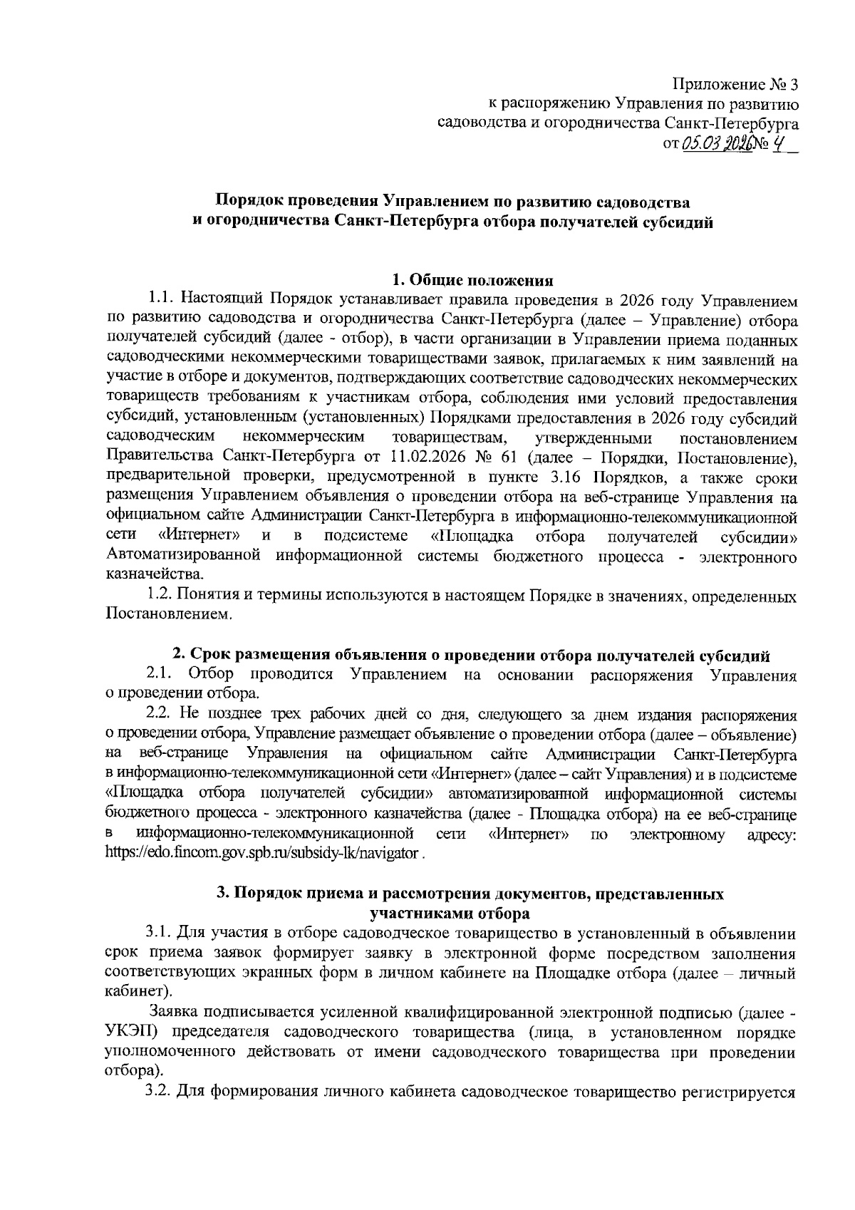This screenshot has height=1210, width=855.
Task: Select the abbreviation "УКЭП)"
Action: pyautogui.click(x=128, y=1032)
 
